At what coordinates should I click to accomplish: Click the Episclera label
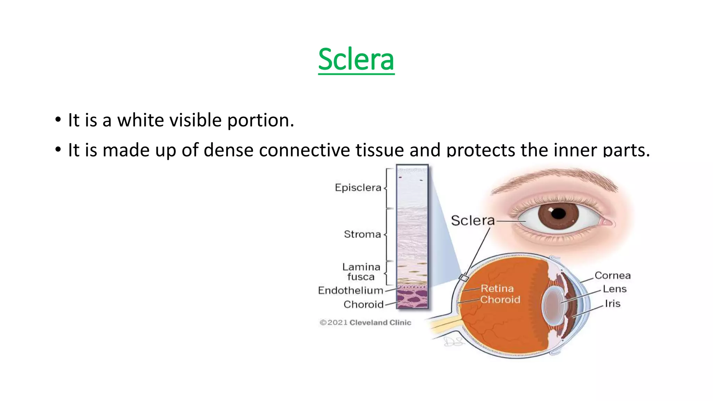click(358, 188)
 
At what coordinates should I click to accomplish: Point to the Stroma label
click(362, 234)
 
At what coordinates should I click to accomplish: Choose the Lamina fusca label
click(361, 272)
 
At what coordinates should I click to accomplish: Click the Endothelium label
click(350, 290)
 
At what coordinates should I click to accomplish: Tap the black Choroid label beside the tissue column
click(363, 305)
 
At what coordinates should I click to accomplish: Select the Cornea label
click(612, 275)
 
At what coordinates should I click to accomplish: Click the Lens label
click(614, 289)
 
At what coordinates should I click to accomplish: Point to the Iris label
click(612, 304)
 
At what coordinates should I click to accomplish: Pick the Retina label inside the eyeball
click(497, 288)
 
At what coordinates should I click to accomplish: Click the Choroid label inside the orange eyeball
click(500, 299)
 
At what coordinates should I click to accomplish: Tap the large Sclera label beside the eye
click(472, 221)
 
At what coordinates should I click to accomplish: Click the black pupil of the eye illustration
click(558, 213)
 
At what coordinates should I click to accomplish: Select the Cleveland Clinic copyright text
click(365, 323)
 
